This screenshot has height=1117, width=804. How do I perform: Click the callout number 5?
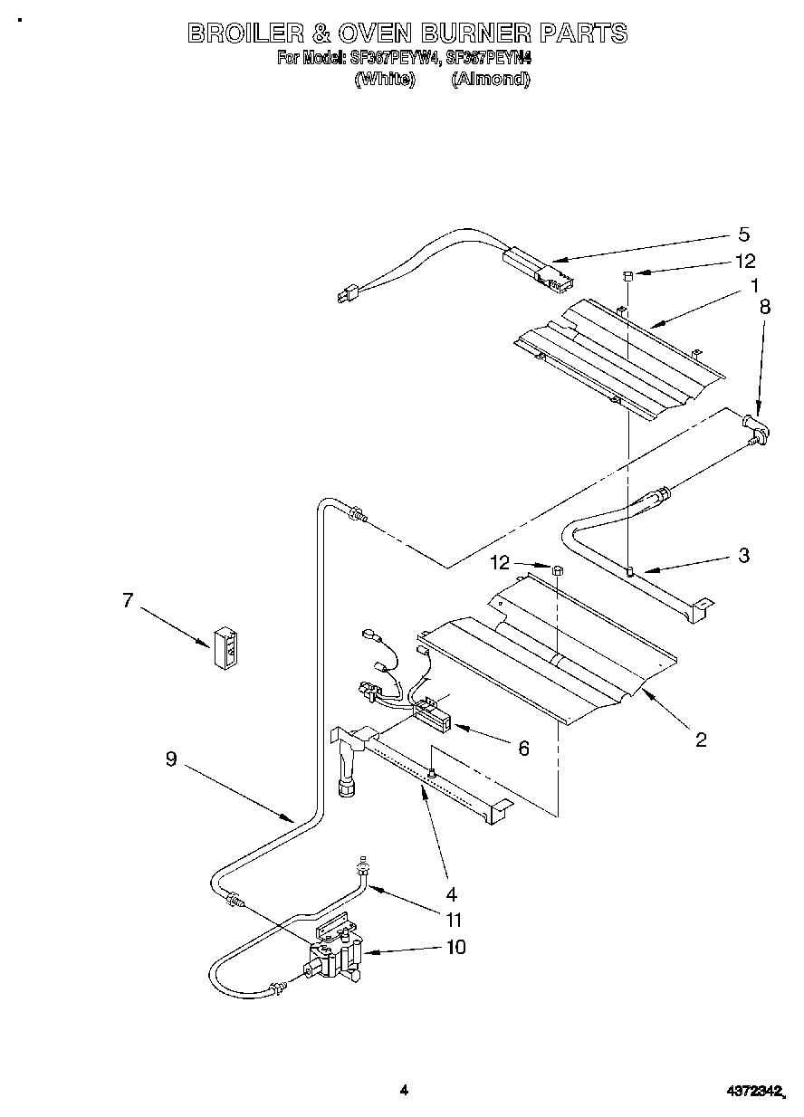click(743, 235)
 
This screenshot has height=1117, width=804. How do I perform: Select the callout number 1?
click(752, 287)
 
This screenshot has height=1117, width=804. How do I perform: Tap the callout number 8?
click(765, 307)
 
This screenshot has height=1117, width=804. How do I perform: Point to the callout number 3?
click(743, 556)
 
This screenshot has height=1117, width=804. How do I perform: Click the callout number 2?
click(701, 740)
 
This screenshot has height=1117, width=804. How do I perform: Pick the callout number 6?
click(523, 748)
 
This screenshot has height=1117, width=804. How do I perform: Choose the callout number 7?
click(128, 599)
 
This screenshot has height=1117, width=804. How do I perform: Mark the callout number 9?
click(171, 760)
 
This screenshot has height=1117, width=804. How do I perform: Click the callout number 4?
click(451, 893)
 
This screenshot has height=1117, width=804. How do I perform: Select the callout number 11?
click(454, 920)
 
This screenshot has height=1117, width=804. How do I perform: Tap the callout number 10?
click(455, 947)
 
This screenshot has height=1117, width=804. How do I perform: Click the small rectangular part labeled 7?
click(226, 646)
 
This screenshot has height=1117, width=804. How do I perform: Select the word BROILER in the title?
click(244, 33)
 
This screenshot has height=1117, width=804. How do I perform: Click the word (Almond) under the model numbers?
click(490, 79)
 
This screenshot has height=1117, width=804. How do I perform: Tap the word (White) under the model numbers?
click(384, 79)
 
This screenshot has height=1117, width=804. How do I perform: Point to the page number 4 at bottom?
click(404, 1090)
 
